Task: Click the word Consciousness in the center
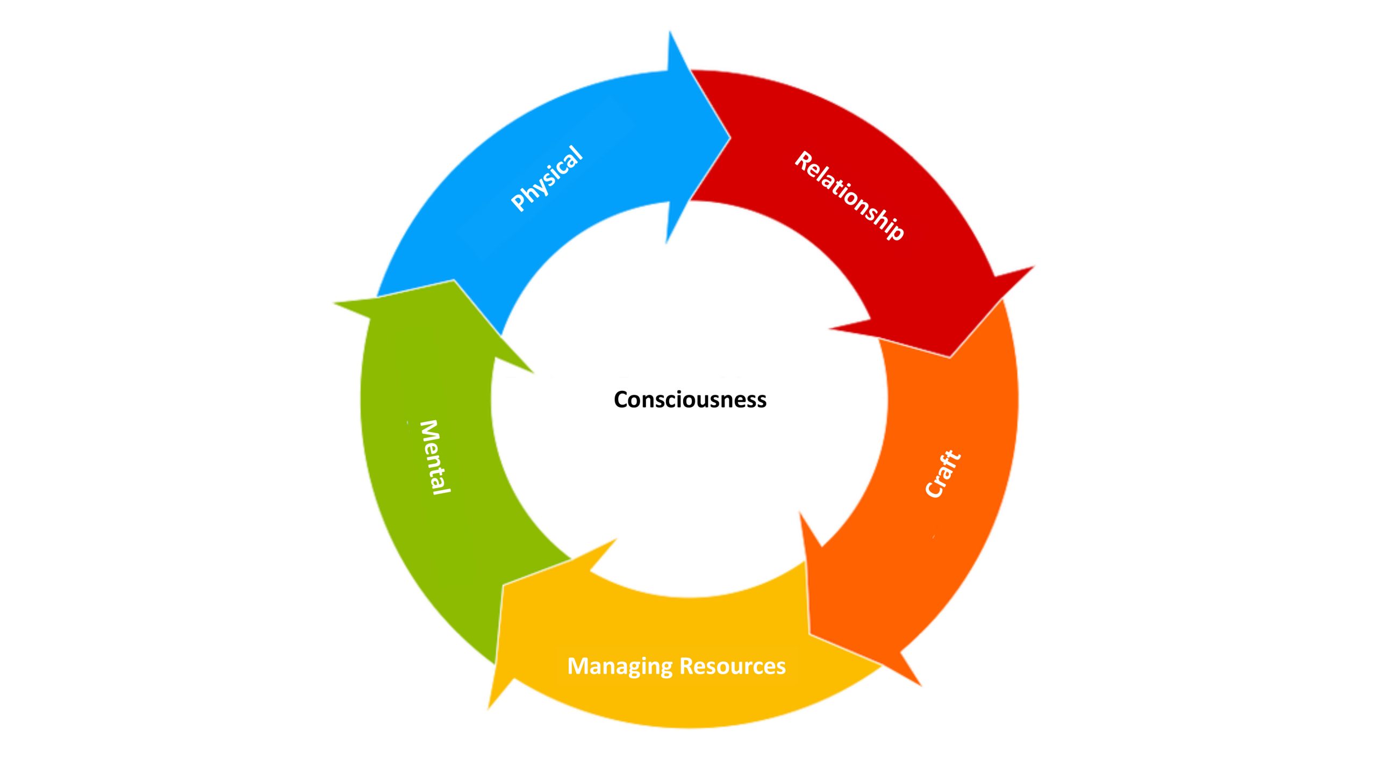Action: pos(690,400)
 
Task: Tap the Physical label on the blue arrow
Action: pos(547,178)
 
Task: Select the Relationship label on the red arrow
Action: pos(849,196)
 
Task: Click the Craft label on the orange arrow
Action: pos(943,474)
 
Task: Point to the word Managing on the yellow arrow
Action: pos(618,666)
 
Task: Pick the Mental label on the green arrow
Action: pos(435,457)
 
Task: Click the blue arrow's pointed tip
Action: pos(731,137)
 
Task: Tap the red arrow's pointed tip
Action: pos(950,357)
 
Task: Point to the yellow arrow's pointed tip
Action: pos(502,585)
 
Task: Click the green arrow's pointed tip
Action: pos(454,280)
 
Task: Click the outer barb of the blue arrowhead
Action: pos(669,31)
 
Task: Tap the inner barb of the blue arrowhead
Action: pos(666,243)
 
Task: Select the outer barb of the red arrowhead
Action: pos(1034,266)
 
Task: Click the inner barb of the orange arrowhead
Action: pos(800,512)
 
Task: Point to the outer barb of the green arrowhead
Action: pos(334,304)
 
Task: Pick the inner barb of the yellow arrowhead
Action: pos(617,539)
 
